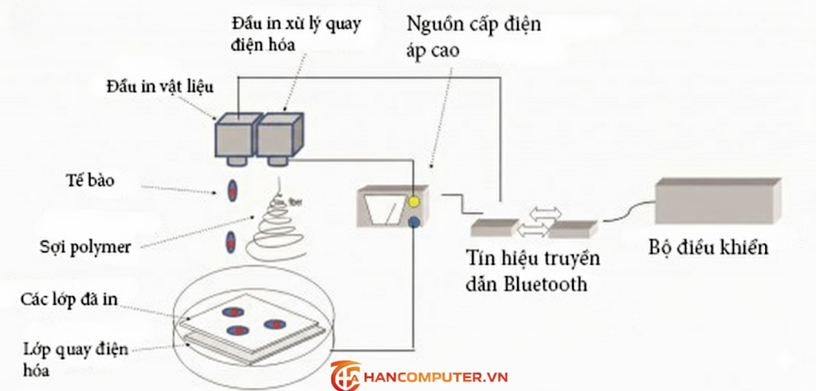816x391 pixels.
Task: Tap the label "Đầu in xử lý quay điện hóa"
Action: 294,34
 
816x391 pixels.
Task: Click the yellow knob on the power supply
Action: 414,202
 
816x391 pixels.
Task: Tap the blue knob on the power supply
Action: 414,224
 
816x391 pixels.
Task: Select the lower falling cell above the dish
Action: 232,239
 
